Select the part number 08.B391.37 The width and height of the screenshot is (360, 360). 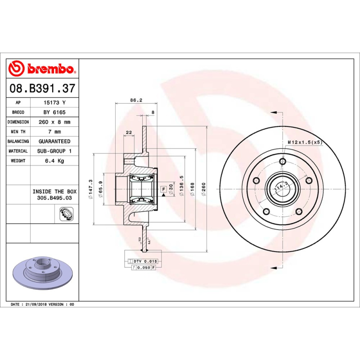click(x=42, y=89)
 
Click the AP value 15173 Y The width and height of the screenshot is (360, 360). click(x=54, y=103)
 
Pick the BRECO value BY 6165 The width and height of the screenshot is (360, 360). click(x=54, y=112)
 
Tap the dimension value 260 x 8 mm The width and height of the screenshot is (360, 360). click(x=54, y=122)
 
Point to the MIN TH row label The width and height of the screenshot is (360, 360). click(x=18, y=132)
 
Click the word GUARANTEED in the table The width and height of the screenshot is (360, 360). click(x=54, y=141)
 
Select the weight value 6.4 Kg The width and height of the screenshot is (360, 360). click(x=54, y=161)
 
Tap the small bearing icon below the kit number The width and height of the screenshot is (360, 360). click(x=66, y=214)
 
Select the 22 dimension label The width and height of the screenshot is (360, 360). click(x=129, y=132)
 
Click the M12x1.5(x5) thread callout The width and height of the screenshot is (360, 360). click(x=305, y=142)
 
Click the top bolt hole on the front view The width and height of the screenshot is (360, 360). click(x=283, y=162)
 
